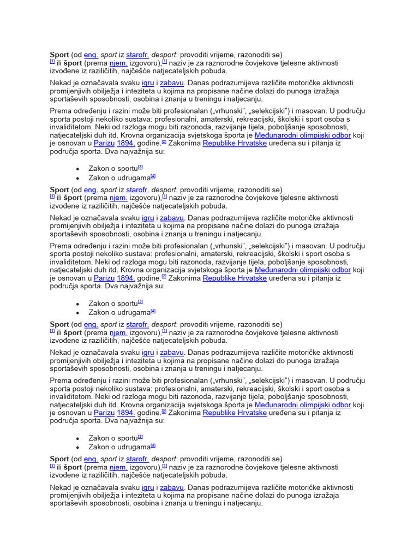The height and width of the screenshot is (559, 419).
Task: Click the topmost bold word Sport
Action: [59, 55]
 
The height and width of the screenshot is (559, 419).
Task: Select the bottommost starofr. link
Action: [137, 459]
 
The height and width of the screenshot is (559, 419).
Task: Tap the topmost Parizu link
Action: [104, 144]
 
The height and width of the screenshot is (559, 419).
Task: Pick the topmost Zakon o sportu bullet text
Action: [113, 169]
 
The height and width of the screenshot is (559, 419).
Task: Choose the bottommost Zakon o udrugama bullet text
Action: [119, 447]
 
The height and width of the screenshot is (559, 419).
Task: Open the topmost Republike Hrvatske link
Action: [235, 144]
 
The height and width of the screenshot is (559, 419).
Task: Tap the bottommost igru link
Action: [147, 487]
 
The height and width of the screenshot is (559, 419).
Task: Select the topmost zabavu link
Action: [172, 83]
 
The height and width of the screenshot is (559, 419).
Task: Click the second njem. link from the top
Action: [118, 198]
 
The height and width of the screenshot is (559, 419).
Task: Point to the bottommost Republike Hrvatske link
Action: [235, 413]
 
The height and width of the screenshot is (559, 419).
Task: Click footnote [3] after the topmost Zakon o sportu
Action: [140, 167]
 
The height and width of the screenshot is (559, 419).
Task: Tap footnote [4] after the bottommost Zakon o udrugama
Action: [153, 445]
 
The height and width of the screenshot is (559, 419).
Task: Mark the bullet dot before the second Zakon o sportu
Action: [78, 304]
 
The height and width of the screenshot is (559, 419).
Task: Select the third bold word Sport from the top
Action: [59, 324]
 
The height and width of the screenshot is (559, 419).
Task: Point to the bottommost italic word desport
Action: [164, 459]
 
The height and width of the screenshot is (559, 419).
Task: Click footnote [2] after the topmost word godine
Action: [164, 142]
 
